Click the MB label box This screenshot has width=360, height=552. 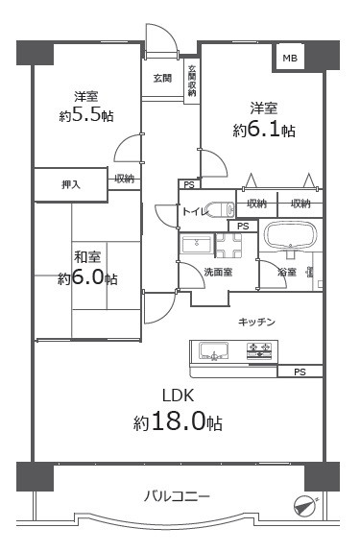pos(289,59)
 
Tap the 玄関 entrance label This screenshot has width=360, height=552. pos(162,79)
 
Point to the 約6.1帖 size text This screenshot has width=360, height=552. pos(262,130)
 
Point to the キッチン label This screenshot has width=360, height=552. pos(257,322)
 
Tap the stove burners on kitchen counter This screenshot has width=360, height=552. pos(258,353)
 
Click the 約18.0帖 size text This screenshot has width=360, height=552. pos(179,422)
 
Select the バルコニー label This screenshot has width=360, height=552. pos(178,495)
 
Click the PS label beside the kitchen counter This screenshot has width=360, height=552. pos(300,372)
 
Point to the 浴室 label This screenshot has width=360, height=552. pos(286,274)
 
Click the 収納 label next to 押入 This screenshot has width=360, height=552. pos(124,179)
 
